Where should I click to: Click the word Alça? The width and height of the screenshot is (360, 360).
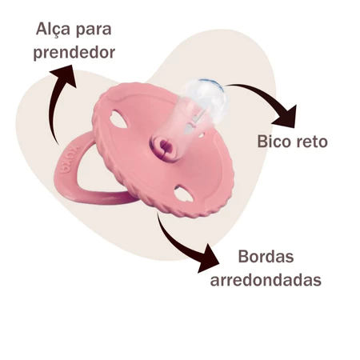[53, 30]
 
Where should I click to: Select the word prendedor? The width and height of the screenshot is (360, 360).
[74, 53]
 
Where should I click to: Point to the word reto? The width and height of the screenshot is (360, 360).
[312, 142]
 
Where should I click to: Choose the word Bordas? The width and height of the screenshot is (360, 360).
[266, 257]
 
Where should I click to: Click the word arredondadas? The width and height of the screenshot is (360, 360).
[266, 280]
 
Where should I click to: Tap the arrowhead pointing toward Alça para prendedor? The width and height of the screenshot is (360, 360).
[64, 74]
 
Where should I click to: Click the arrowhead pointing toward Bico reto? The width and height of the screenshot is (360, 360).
[286, 118]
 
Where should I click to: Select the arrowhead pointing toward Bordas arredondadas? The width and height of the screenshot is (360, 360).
[208, 258]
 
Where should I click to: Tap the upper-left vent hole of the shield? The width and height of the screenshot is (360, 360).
[119, 119]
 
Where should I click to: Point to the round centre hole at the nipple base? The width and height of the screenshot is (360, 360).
[163, 146]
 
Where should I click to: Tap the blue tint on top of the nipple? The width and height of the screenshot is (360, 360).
[210, 82]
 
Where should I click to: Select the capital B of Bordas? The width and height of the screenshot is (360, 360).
[243, 257]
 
